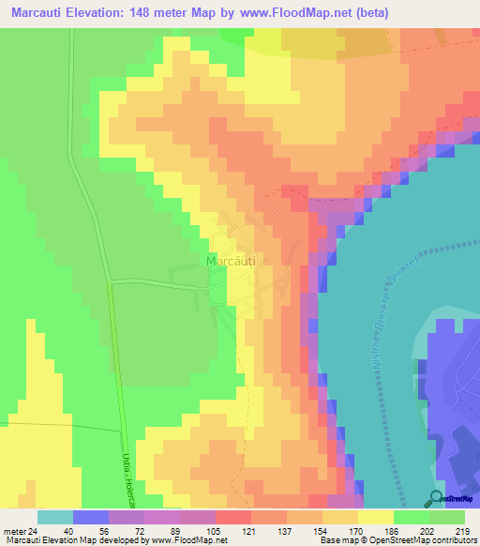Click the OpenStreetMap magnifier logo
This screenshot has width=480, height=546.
pyautogui.click(x=437, y=498)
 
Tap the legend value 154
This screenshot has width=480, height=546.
pyautogui.click(x=305, y=530)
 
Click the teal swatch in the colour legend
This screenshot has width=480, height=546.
pyautogui.click(x=55, y=517)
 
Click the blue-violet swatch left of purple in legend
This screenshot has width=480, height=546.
pyautogui.click(x=91, y=517)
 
